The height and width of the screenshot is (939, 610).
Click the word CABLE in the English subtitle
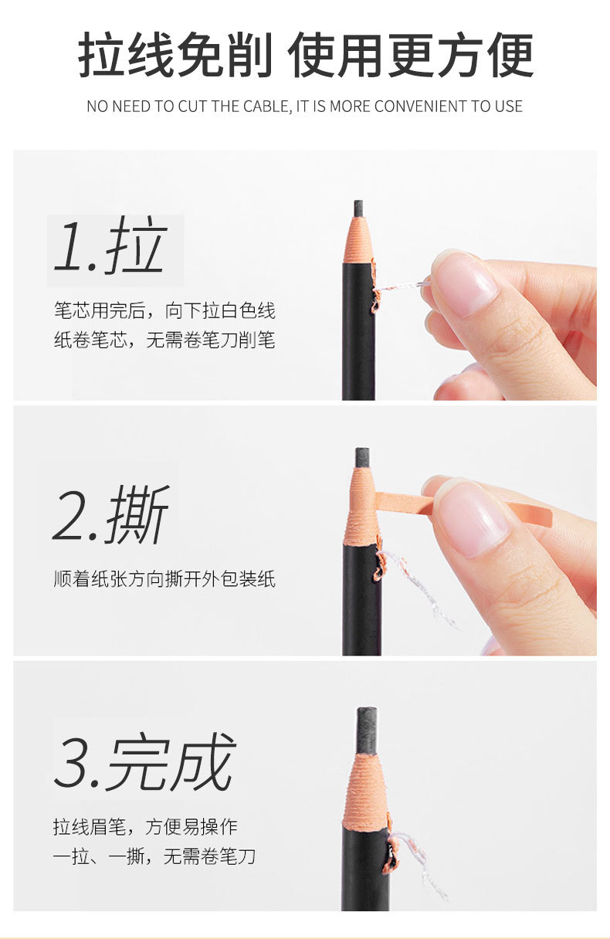pos(268,107)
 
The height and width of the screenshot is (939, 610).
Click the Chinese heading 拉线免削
pos(175,56)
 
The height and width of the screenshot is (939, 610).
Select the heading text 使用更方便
pos(411,56)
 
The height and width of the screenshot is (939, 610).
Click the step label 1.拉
pos(110,247)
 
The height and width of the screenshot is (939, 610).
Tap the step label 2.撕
pos(111,516)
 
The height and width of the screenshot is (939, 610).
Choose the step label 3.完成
pos(144,763)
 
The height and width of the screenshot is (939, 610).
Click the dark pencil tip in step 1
pos(358,208)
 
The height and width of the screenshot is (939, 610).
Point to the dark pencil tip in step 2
pos(361,457)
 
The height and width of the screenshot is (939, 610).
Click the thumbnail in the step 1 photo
pos(464,283)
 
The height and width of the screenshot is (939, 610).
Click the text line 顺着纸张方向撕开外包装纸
pos(164,578)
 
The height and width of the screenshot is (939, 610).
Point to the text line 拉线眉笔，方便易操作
pos(145,827)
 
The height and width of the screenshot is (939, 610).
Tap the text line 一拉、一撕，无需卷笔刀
pos(154,856)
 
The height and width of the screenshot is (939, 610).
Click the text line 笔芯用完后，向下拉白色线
pos(164,310)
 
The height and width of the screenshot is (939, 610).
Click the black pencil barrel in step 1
pos(358,340)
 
